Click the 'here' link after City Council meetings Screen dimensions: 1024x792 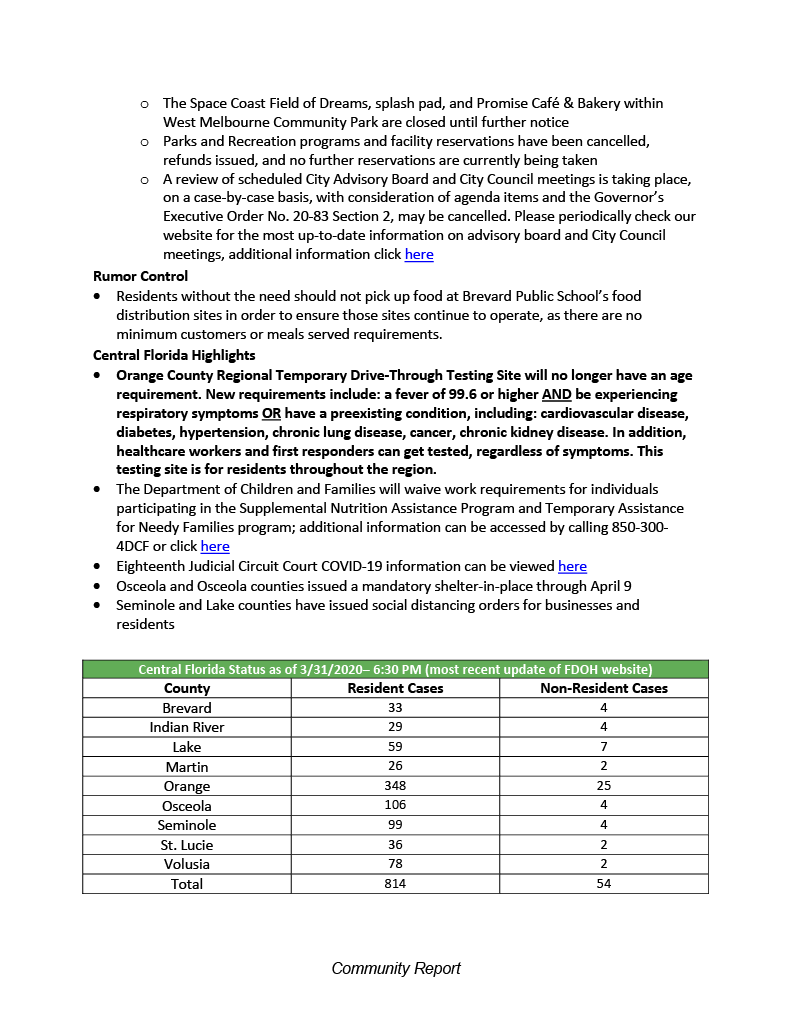[419, 255]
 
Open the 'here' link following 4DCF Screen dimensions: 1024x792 [215, 547]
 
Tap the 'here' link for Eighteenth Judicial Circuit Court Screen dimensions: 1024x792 [572, 567]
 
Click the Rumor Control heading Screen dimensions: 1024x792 [140, 276]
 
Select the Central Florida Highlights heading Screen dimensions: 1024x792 [174, 355]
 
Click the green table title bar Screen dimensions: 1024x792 [395, 669]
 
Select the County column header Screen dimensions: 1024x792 [187, 688]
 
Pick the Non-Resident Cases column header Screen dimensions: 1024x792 [604, 688]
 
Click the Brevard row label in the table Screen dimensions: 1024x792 [187, 708]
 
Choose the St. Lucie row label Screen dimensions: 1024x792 [187, 845]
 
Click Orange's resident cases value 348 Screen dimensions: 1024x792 [395, 786]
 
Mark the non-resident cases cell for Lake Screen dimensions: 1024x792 [604, 747]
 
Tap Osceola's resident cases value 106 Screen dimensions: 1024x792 [395, 806]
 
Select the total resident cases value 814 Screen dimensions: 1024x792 [395, 884]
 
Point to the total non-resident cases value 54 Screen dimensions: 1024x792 [604, 884]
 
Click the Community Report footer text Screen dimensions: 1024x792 [396, 968]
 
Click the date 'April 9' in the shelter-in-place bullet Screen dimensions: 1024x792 [610, 586]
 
